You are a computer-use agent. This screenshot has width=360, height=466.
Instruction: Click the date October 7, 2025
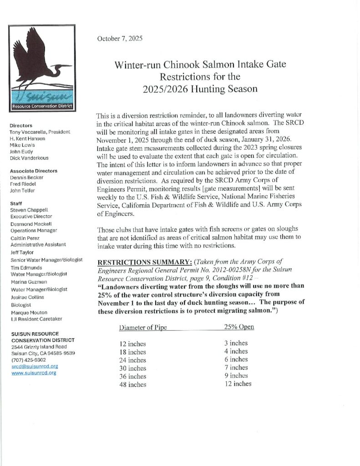[x=120, y=39]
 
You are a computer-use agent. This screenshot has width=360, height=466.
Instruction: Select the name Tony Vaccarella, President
[x=40, y=132]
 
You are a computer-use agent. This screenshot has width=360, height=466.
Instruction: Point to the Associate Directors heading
[x=34, y=171]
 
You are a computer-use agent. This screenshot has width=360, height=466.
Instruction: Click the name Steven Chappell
[x=29, y=210]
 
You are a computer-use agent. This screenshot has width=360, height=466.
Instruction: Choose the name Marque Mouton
[x=29, y=313]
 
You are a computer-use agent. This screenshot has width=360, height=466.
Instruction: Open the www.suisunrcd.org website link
[x=34, y=373]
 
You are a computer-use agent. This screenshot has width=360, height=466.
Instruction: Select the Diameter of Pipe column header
[x=140, y=328]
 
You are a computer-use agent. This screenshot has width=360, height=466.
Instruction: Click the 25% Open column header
[x=239, y=327]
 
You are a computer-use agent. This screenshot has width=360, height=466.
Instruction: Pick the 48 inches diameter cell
[x=132, y=385]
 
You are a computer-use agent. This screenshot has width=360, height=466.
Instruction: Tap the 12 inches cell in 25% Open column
[x=238, y=384]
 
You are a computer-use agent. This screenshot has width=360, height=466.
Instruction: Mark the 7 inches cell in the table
[x=236, y=367]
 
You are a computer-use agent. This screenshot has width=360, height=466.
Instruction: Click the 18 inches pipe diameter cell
[x=132, y=352]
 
